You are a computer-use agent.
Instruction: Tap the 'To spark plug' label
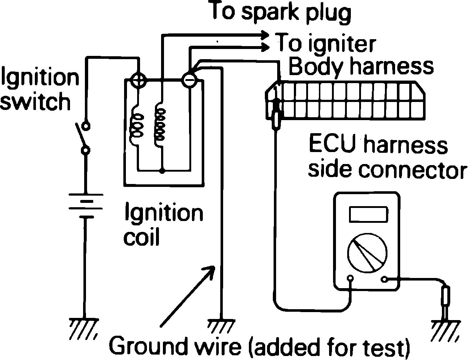281,13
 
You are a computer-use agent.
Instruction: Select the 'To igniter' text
326,44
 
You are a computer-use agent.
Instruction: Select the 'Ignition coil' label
163,225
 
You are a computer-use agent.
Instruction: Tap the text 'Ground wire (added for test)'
260,347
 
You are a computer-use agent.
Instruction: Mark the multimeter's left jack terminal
350,279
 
